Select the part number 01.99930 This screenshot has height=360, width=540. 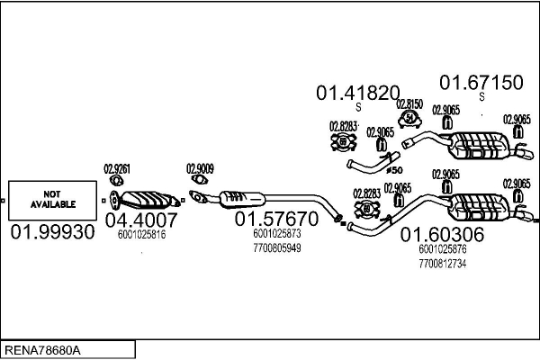[x=52, y=233]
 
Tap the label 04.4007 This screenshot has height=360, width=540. [x=141, y=219]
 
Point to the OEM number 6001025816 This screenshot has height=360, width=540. [x=141, y=234]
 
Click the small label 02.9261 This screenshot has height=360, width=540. [x=117, y=167]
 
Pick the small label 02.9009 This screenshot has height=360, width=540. [x=200, y=167]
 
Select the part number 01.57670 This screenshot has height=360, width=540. [x=277, y=219]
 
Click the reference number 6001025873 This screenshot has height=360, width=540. [x=276, y=233]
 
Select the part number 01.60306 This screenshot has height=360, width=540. [x=443, y=235]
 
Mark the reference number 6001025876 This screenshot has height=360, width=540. [x=442, y=249]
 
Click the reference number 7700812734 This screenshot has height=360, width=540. [x=442, y=263]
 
